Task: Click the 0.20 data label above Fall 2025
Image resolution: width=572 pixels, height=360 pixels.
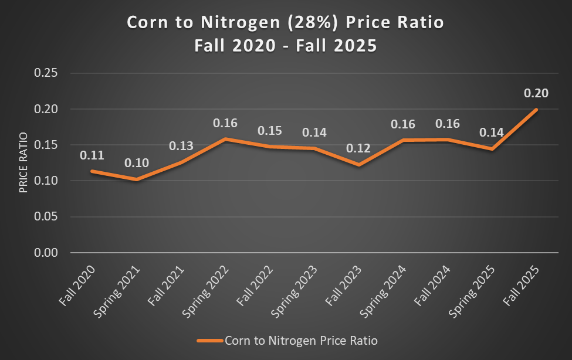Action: pos(536,94)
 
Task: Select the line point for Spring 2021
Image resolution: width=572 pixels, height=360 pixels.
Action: pos(136,179)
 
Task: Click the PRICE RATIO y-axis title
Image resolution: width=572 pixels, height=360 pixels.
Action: pos(24,163)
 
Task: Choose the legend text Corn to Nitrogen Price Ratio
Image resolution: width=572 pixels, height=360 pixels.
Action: pos(301,340)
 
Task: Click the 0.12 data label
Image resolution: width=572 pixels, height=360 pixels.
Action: pos(358,148)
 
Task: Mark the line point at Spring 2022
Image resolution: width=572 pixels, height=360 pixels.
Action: pos(225,139)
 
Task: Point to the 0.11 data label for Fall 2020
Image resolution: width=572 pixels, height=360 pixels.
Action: pos(92,155)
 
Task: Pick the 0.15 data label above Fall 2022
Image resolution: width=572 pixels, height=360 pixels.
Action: pos(269,130)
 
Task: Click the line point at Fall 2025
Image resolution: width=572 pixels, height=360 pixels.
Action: pos(536,110)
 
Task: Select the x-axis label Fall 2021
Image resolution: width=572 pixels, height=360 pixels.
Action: pos(167,286)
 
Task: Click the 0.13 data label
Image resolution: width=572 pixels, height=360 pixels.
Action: pos(181,146)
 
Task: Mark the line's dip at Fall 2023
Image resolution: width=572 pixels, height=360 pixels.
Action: pos(358,165)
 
